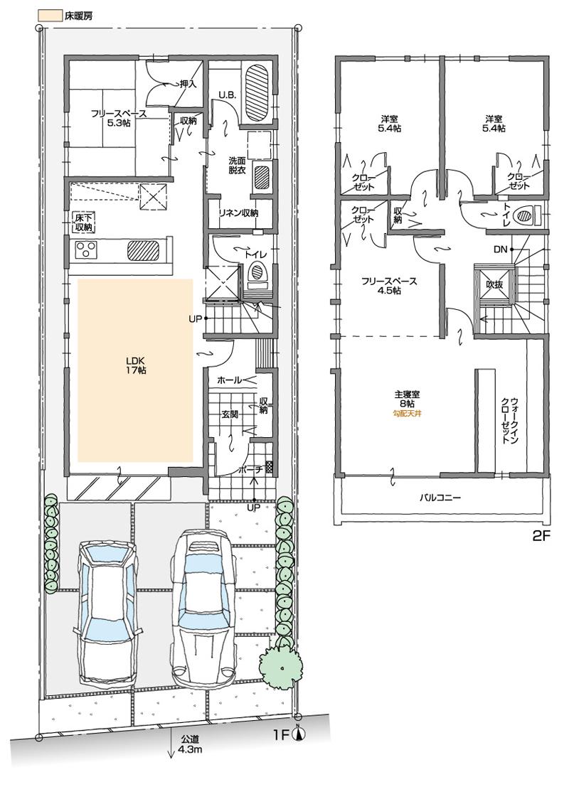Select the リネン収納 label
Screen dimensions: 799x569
(238, 213)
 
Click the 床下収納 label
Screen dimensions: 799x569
(83, 222)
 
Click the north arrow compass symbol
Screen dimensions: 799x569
(299, 736)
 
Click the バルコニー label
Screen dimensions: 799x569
(440, 498)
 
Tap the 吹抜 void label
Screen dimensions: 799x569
(495, 284)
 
